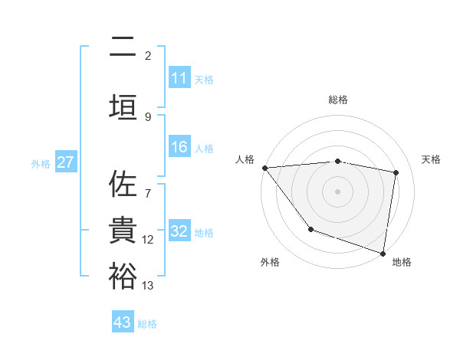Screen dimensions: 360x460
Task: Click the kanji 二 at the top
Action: tap(123, 47)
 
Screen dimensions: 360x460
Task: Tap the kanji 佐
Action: tap(123, 185)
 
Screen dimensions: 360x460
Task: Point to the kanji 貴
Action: tap(123, 231)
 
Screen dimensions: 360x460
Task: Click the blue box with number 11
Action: tap(179, 78)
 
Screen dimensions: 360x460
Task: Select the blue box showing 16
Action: tap(179, 148)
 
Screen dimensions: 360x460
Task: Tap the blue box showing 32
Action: tap(179, 232)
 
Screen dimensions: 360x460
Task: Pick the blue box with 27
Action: tap(65, 162)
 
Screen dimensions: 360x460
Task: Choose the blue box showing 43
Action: tap(123, 322)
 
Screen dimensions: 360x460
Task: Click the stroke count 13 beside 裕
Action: tap(148, 286)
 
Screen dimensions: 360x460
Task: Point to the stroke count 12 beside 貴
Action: tap(148, 240)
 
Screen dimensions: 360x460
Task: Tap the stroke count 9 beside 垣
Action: tap(148, 116)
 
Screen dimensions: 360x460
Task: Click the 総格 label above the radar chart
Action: tap(337, 100)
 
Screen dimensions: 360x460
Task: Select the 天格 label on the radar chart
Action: tap(432, 159)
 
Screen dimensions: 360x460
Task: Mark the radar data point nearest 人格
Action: tap(264, 168)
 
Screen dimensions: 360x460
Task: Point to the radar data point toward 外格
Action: tap(310, 229)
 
